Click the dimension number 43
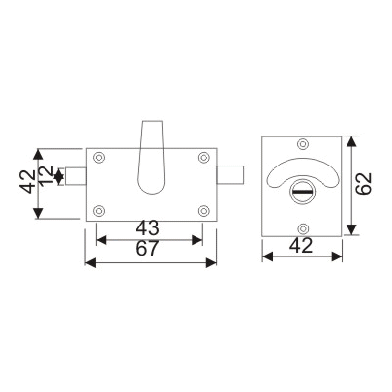point(148,229)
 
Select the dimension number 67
point(148,250)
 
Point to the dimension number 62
point(363,184)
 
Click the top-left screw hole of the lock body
point(99,158)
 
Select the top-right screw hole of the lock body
point(203,158)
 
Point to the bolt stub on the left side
point(75,175)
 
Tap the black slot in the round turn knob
point(302,193)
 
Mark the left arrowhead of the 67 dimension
point(90,262)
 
